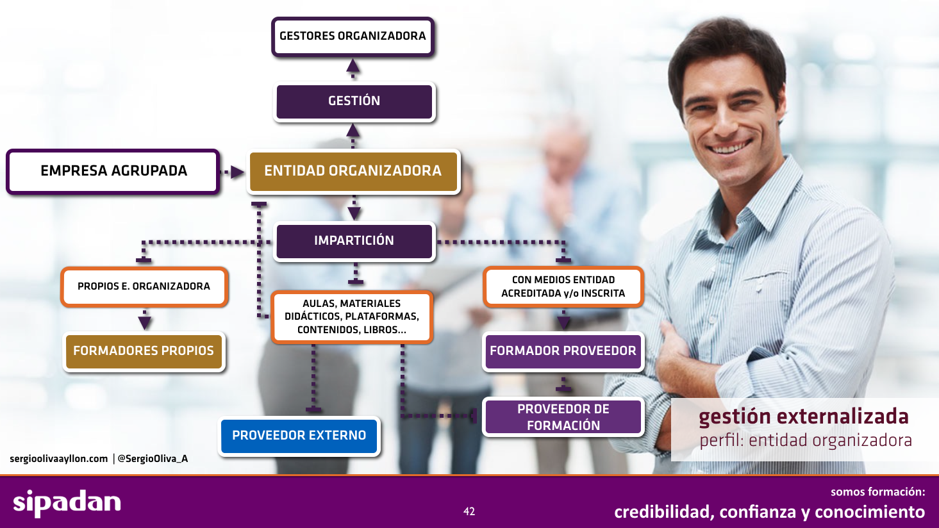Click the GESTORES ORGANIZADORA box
click(353, 37)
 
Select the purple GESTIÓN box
click(354, 101)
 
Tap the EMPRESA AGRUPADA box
click(113, 171)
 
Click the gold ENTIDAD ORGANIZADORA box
click(353, 171)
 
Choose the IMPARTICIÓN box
click(354, 241)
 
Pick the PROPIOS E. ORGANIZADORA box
click(144, 286)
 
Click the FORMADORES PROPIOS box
click(144, 351)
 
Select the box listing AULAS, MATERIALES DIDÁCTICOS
click(352, 317)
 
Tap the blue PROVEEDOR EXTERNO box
click(299, 436)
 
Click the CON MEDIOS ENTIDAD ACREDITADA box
click(563, 286)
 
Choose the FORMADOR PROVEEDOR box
click(563, 351)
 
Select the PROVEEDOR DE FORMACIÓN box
click(563, 417)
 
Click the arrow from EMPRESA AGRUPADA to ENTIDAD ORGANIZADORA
click(232, 172)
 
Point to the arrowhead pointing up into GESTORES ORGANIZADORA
click(353, 66)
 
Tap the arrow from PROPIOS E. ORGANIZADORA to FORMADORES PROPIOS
click(145, 320)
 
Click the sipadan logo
click(67, 502)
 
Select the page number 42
click(469, 511)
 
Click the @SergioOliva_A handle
click(153, 459)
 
